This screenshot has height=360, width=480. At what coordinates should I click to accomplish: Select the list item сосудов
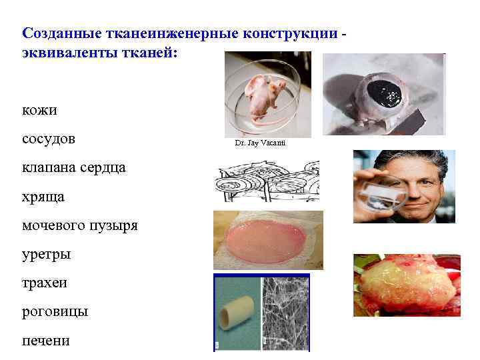49,139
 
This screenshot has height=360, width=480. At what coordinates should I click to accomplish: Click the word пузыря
113,226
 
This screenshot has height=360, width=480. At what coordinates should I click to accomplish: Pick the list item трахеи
45,283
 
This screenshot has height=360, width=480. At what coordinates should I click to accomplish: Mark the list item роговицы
55,311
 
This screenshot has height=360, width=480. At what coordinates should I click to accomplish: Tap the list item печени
45,340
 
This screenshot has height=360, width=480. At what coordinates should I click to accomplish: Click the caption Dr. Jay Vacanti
260,143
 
